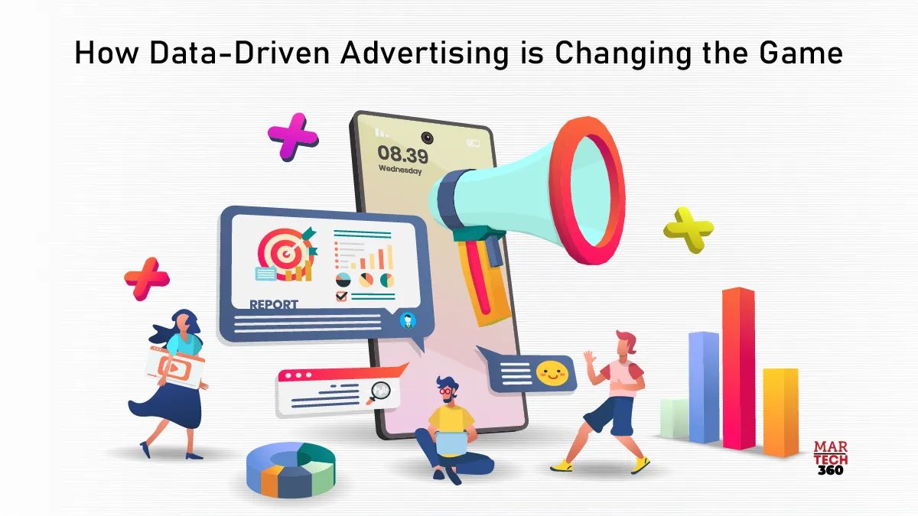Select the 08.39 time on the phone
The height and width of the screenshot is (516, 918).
pos(402,154)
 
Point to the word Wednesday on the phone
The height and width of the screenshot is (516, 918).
pos(400,171)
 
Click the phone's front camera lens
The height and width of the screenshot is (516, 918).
pos(426,138)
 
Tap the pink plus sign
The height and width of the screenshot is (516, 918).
pos(293,137)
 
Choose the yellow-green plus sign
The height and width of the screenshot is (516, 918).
pos(688,228)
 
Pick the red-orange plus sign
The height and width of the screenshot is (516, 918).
pos(147,278)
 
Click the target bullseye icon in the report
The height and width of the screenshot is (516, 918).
pos(279,249)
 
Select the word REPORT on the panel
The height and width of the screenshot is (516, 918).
pos(274,304)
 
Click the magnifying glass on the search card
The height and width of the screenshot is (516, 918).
pos(379,392)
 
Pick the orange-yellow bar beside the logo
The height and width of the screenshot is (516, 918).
pos(780,411)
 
